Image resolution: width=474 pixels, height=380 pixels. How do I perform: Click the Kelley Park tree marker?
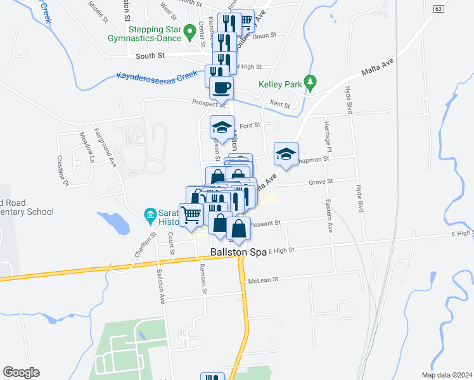click(309, 82)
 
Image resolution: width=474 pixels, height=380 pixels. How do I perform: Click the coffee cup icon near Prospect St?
click(221, 87)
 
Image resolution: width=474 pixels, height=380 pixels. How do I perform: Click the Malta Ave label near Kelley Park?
click(378, 66)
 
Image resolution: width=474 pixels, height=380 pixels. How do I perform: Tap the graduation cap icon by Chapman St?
click(286, 154)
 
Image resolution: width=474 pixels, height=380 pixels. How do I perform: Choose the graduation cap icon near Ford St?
click(222, 127)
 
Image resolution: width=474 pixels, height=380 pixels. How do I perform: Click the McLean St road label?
click(264, 281)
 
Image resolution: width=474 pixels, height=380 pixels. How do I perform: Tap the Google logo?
click(21, 372)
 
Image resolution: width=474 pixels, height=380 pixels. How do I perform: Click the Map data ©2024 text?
click(447, 375)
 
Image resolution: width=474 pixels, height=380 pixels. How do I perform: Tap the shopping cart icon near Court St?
click(191, 214)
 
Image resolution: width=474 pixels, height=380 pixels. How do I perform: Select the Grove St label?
click(321, 181)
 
